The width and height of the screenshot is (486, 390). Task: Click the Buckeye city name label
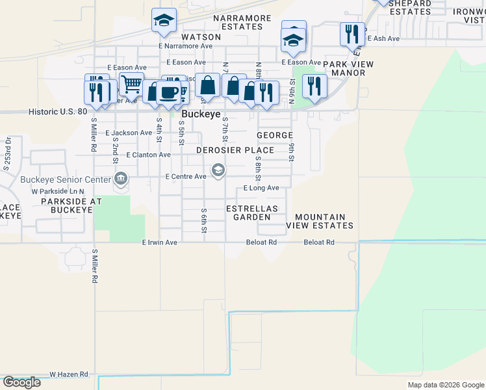click(202, 113)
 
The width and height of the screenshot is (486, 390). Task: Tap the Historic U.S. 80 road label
click(58, 112)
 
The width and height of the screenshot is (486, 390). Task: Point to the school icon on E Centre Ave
click(218, 171)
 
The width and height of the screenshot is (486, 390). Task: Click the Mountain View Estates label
click(324, 221)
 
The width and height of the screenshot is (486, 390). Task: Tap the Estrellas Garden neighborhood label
click(252, 213)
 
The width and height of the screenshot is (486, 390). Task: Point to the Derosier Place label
click(235, 150)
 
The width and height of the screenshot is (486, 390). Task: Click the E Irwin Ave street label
click(160, 242)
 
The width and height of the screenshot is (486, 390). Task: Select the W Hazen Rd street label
click(69, 374)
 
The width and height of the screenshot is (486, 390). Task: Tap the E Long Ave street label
click(261, 188)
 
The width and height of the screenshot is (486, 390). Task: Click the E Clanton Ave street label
click(149, 155)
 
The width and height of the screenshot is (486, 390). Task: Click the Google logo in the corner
click(21, 382)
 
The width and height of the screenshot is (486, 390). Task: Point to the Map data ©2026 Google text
click(445, 385)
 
